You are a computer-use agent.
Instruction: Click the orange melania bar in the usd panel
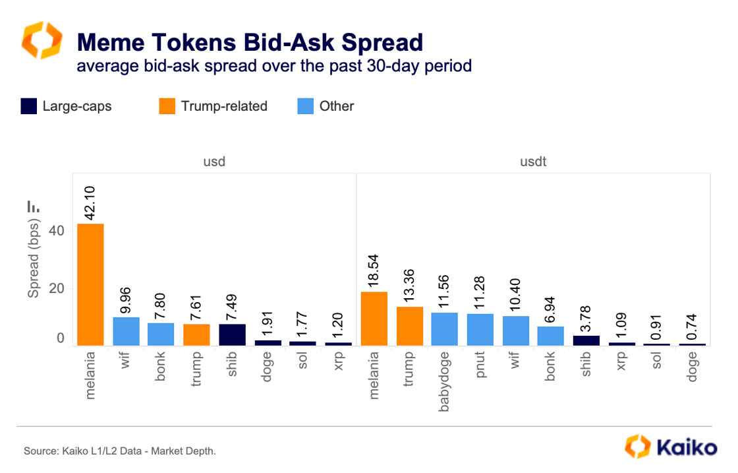[x=90, y=284]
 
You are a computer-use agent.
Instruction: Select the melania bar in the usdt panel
[x=374, y=318]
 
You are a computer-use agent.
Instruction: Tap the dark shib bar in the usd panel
[x=232, y=334]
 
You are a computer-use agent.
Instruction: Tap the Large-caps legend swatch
[x=28, y=106]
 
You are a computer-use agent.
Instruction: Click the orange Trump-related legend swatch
[x=167, y=106]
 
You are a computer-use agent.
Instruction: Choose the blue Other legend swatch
[x=306, y=106]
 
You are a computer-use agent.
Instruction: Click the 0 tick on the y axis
[x=60, y=338]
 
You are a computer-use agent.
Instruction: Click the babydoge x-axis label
[x=445, y=381]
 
